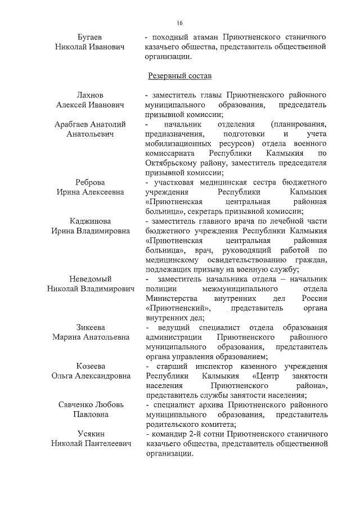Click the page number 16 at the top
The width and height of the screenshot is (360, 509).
click(179, 22)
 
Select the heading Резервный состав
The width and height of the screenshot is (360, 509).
click(179, 75)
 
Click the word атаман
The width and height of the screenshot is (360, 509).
click(200, 37)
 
